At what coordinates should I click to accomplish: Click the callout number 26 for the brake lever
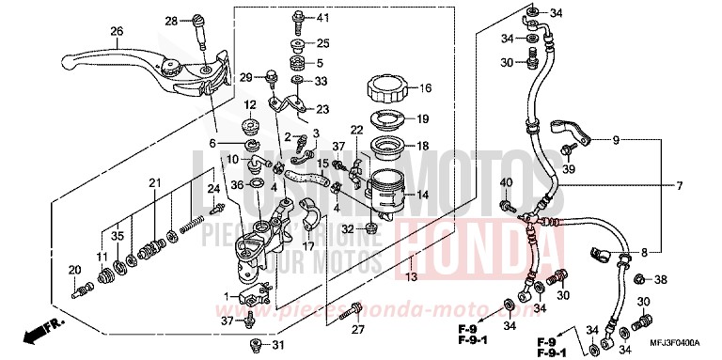116,31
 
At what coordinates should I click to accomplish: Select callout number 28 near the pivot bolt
171,21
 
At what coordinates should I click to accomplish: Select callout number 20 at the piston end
73,271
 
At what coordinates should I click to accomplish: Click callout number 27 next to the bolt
357,329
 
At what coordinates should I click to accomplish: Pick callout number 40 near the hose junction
505,181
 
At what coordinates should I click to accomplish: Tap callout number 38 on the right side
662,279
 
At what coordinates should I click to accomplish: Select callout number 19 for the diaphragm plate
423,118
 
